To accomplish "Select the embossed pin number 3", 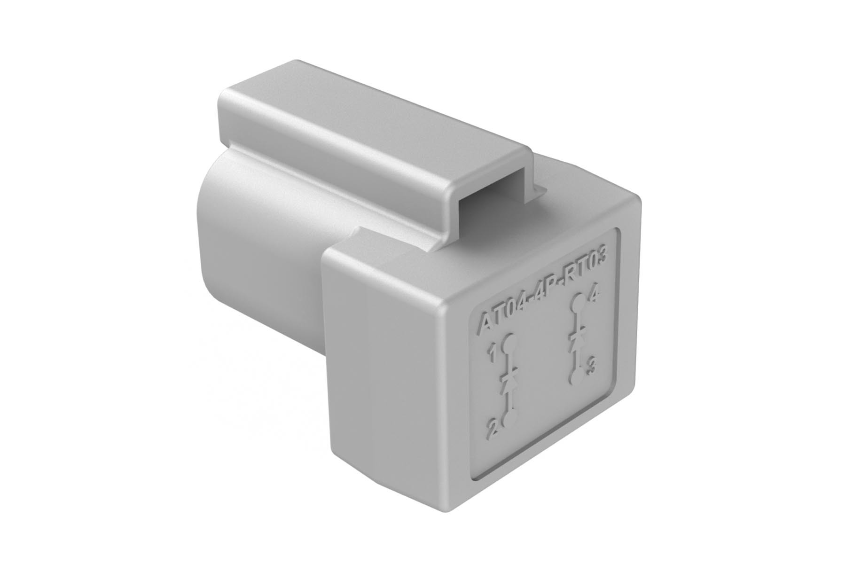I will pyautogui.click(x=592, y=366).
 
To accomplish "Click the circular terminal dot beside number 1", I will pyautogui.click(x=508, y=345).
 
